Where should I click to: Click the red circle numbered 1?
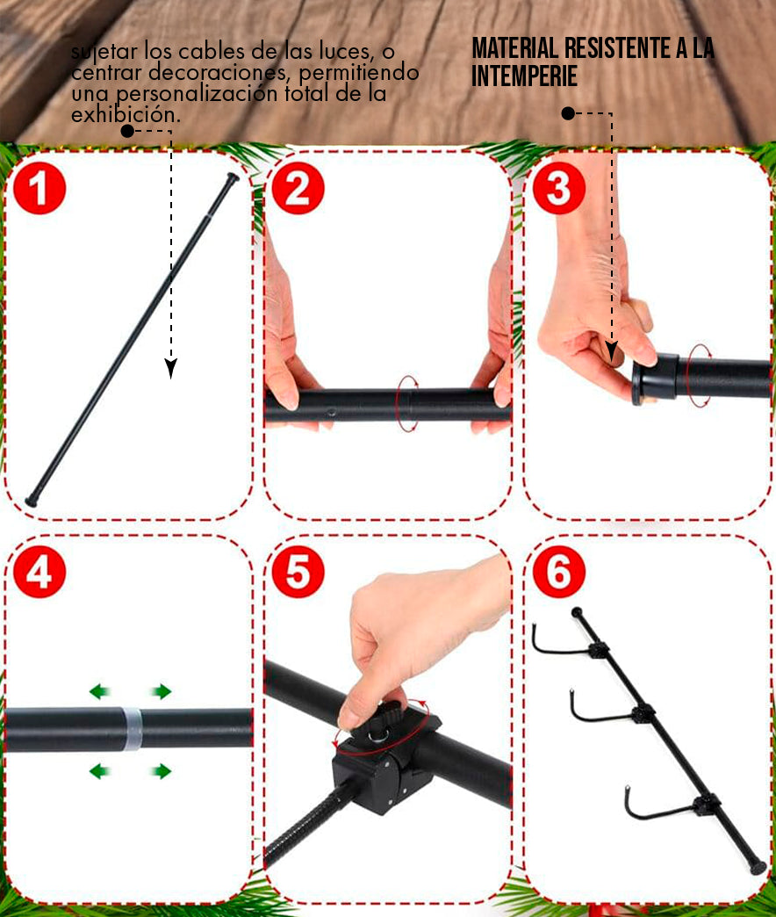coord(40,188)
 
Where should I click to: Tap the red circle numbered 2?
coord(298,188)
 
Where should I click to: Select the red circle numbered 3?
coord(558,188)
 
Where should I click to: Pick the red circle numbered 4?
coord(40,572)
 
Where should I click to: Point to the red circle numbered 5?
coord(298,572)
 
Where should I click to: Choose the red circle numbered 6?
coord(558,572)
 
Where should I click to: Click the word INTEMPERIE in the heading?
coord(524,76)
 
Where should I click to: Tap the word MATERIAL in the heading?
coord(514,48)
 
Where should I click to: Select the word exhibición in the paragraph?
coord(126,114)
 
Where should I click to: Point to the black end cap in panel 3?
coord(654,379)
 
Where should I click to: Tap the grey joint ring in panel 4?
coord(133,729)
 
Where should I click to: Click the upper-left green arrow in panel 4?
coord(100,691)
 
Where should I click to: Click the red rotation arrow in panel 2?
coord(407,403)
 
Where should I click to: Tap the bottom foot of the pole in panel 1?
coord(32,502)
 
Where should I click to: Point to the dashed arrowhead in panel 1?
coord(170,368)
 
